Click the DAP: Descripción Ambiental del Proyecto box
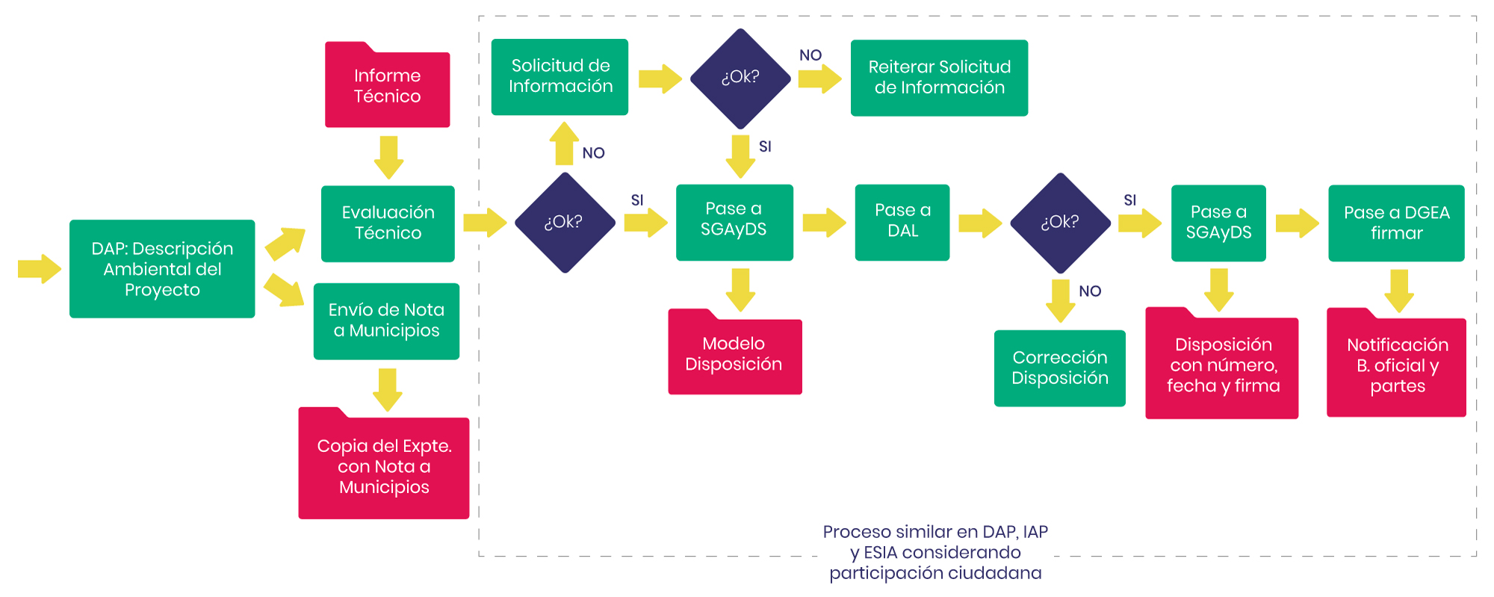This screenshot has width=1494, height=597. (162, 269)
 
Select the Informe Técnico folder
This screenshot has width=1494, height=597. (387, 87)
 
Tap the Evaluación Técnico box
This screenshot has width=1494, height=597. (388, 223)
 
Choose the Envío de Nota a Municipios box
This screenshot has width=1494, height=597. (386, 321)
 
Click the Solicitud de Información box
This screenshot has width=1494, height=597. (560, 77)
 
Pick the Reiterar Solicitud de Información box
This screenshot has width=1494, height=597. (939, 78)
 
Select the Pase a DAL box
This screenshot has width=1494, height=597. (902, 222)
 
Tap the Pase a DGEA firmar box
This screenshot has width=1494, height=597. (1396, 223)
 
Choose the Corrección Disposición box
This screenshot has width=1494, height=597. (1059, 368)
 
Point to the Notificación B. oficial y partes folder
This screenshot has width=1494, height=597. (1396, 365)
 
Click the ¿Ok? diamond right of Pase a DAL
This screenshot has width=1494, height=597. (1060, 223)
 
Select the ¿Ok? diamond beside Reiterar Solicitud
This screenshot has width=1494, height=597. (740, 78)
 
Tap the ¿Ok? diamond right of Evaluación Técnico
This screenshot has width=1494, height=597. (565, 223)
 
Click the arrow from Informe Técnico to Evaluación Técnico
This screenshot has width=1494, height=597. (388, 157)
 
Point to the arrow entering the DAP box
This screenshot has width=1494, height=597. (39, 269)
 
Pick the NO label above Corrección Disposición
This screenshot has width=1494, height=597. (1090, 291)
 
